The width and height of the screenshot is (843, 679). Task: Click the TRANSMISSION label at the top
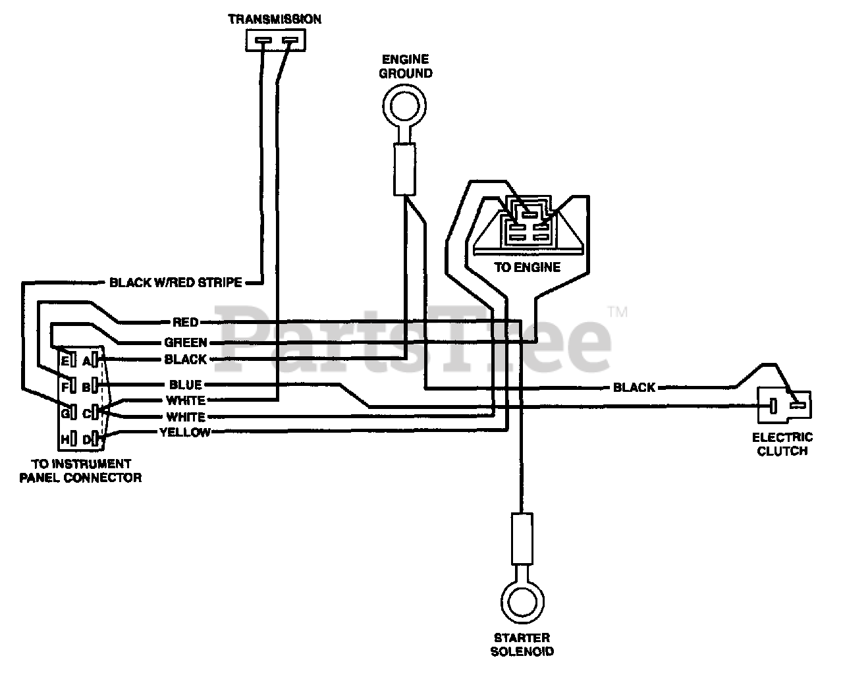pyautogui.click(x=275, y=19)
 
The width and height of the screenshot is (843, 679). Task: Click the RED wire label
pyautogui.click(x=186, y=323)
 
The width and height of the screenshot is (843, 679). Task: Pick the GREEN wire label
pyautogui.click(x=185, y=342)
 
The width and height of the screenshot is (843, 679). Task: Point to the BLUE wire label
pyautogui.click(x=186, y=385)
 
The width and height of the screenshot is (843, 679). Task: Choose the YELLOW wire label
pyautogui.click(x=185, y=433)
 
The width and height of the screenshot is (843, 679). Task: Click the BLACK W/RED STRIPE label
pyautogui.click(x=175, y=283)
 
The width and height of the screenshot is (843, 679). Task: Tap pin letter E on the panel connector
pyautogui.click(x=65, y=360)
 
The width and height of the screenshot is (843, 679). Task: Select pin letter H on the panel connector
pyautogui.click(x=65, y=440)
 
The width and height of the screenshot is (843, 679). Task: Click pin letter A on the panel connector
pyautogui.click(x=86, y=361)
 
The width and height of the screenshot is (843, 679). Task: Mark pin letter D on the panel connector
pyautogui.click(x=86, y=440)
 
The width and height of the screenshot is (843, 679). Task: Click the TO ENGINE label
pyautogui.click(x=528, y=267)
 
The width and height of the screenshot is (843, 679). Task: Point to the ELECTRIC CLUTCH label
pyautogui.click(x=782, y=445)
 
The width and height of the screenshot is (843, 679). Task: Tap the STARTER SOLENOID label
pyautogui.click(x=522, y=645)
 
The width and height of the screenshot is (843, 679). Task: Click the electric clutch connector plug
pyautogui.click(x=784, y=405)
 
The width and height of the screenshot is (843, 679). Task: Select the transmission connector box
pyautogui.click(x=276, y=40)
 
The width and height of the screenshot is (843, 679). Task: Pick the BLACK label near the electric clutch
pyautogui.click(x=634, y=387)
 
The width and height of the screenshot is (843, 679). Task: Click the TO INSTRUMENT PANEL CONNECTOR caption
pyautogui.click(x=81, y=471)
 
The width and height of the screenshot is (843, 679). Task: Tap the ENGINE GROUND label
pyautogui.click(x=406, y=67)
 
